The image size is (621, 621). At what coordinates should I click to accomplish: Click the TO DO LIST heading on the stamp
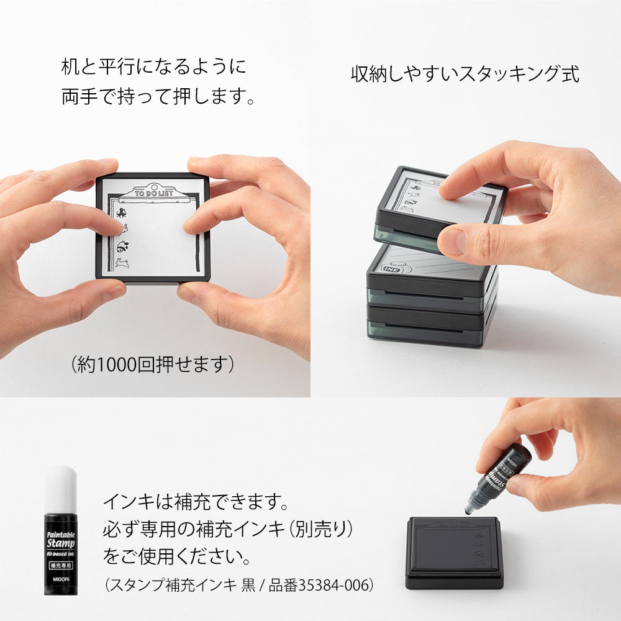click(x=153, y=193)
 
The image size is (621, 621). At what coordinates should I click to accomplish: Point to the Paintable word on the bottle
click(x=61, y=534)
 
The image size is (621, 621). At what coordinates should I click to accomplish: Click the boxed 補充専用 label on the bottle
click(x=61, y=566)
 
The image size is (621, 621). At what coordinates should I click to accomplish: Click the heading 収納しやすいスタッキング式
click(x=465, y=74)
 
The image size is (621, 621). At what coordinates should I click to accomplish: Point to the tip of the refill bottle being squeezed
click(x=468, y=512)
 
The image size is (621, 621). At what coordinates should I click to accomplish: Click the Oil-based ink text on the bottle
click(x=61, y=554)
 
